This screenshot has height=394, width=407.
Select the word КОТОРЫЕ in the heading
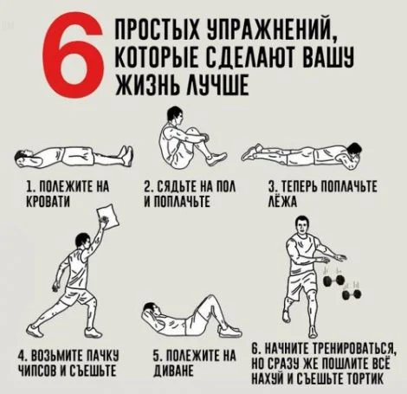point(158,57)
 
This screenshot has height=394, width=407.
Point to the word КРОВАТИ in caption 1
point(48,200)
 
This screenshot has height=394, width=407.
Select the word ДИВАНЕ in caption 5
point(173,371)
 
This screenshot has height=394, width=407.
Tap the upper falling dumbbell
point(333,281)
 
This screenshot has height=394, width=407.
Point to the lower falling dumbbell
point(352,294)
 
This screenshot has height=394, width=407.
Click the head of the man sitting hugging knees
point(175,115)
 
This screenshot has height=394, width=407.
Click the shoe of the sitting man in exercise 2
point(216,158)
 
